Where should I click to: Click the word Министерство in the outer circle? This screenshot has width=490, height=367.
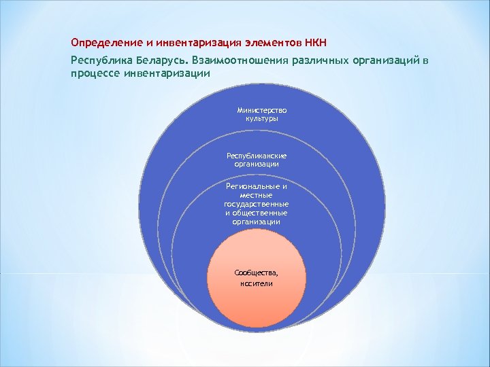tap(262, 109)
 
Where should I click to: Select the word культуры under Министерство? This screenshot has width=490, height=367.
tap(262, 118)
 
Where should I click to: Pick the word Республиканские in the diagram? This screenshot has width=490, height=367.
tap(257, 155)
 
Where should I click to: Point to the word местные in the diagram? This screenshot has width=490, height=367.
tap(257, 194)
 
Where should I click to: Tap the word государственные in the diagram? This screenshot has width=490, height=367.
tap(257, 203)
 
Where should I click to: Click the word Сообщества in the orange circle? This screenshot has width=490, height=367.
tap(256, 272)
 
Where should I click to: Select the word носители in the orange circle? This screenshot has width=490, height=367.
tap(256, 283)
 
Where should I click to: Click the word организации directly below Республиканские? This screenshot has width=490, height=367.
tap(257, 164)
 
